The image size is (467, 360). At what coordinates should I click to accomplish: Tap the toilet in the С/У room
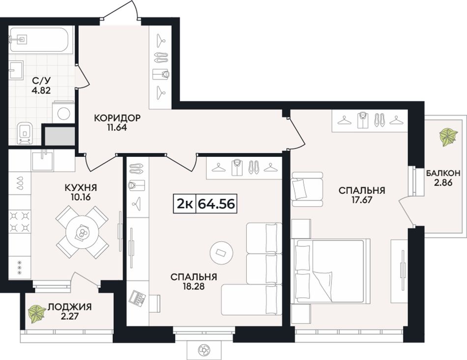[25, 133]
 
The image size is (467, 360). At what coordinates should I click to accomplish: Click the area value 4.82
[41, 90]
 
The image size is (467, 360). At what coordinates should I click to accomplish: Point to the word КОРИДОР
[117, 118]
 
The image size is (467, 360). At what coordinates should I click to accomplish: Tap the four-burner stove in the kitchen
[20, 221]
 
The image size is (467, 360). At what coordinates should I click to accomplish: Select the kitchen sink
[43, 161]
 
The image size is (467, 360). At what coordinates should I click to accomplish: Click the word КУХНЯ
[81, 188]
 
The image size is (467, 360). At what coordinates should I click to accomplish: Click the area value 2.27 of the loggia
[69, 316]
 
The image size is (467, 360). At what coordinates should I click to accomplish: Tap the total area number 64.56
[216, 204]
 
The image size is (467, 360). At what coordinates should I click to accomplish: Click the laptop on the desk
[137, 297]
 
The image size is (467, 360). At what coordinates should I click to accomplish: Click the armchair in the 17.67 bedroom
[307, 189]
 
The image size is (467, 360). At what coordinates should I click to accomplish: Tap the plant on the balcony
[448, 137]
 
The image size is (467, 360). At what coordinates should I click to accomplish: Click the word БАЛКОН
[443, 173]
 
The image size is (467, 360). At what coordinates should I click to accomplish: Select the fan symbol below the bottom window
[204, 349]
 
